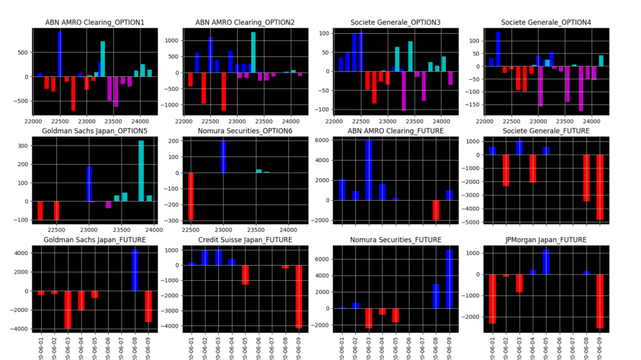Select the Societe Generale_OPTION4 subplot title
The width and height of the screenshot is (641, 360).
pos(546,22)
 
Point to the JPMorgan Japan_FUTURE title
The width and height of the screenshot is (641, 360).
pos(546,240)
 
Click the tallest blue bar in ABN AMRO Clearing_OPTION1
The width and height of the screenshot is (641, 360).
pos(60,54)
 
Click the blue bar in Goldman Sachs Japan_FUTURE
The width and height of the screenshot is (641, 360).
pos(135,270)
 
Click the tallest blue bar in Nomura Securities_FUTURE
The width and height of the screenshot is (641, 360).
pos(449,279)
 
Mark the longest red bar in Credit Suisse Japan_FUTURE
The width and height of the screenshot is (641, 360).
pos(297,297)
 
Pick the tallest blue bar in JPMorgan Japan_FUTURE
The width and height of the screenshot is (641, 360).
pos(546,261)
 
